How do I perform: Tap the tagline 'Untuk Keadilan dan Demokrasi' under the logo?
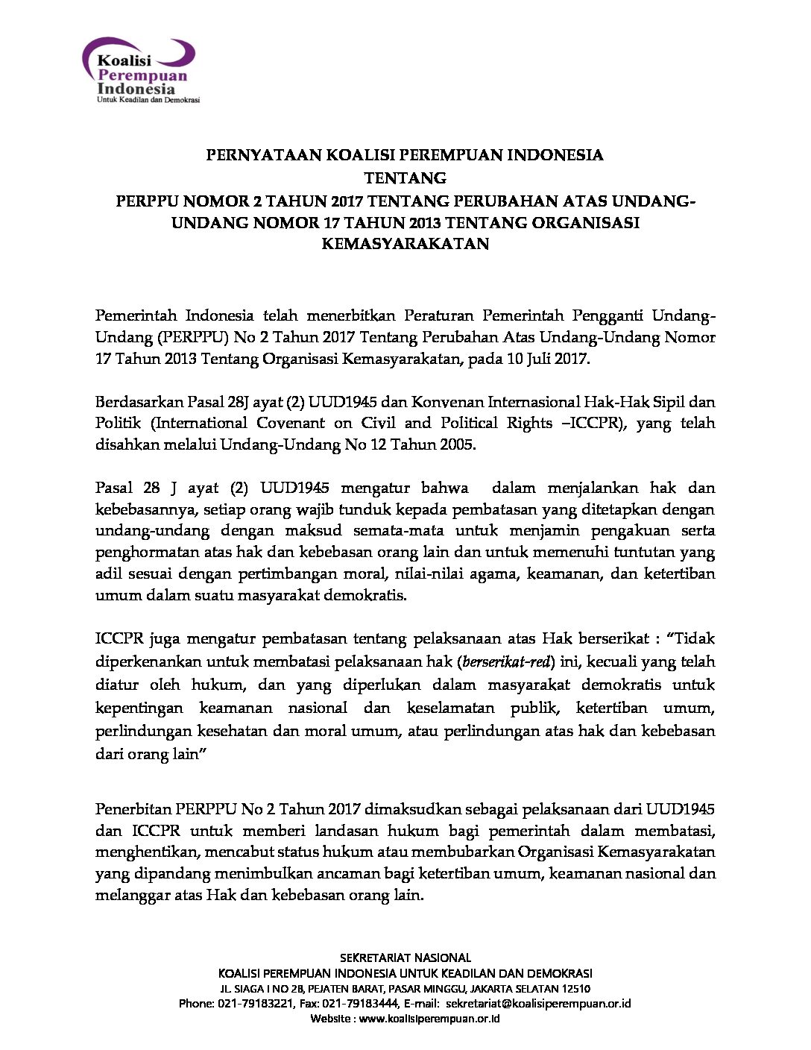tap(148, 100)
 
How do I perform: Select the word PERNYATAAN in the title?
tap(253, 156)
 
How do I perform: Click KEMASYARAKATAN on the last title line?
tap(405, 244)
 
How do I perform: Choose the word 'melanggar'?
tap(128, 895)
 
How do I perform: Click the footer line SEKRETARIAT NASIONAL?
tap(405, 958)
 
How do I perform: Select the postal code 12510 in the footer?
tap(575, 989)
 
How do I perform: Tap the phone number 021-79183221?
tap(256, 1004)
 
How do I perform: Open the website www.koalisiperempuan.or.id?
tap(429, 1019)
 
